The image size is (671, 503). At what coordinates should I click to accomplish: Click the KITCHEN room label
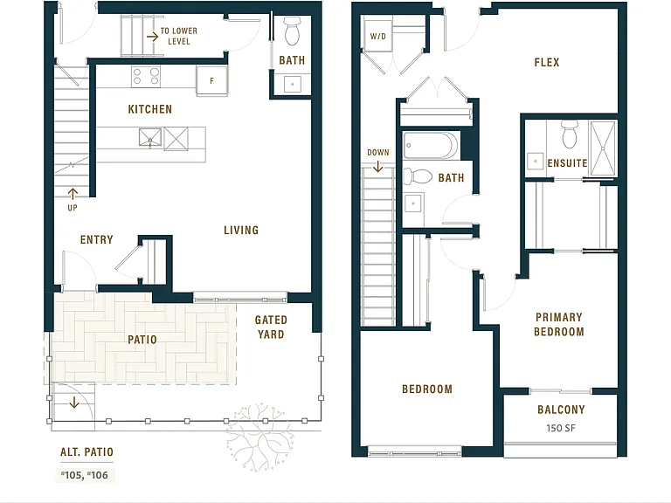tap(149, 109)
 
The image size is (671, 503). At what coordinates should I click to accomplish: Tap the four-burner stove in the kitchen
tap(146, 77)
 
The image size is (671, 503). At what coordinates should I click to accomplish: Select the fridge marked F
tap(211, 80)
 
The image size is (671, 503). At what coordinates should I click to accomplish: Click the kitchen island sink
tap(150, 138)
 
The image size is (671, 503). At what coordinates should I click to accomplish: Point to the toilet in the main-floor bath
tap(293, 31)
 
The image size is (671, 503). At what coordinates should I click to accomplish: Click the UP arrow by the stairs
tap(73, 194)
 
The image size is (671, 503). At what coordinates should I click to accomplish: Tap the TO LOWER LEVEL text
tap(179, 36)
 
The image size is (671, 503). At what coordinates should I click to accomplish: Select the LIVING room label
tap(241, 231)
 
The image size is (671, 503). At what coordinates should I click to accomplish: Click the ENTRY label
tap(97, 239)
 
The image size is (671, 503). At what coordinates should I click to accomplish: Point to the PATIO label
tap(142, 340)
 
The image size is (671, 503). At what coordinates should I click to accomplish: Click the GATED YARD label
tap(271, 327)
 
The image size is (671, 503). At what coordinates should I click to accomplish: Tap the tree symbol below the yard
tap(259, 437)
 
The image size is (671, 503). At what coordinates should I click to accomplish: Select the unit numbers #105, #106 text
tap(85, 475)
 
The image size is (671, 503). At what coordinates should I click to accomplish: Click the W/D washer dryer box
tap(377, 37)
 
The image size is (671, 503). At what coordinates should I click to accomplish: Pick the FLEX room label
tap(546, 63)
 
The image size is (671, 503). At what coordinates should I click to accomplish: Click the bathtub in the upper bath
tap(431, 146)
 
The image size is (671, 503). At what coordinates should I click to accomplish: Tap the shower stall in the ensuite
tap(603, 148)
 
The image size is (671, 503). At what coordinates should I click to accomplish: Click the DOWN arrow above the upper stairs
tap(377, 167)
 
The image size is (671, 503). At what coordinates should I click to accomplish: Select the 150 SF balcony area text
tap(561, 428)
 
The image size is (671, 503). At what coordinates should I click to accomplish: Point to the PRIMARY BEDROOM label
tap(559, 324)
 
